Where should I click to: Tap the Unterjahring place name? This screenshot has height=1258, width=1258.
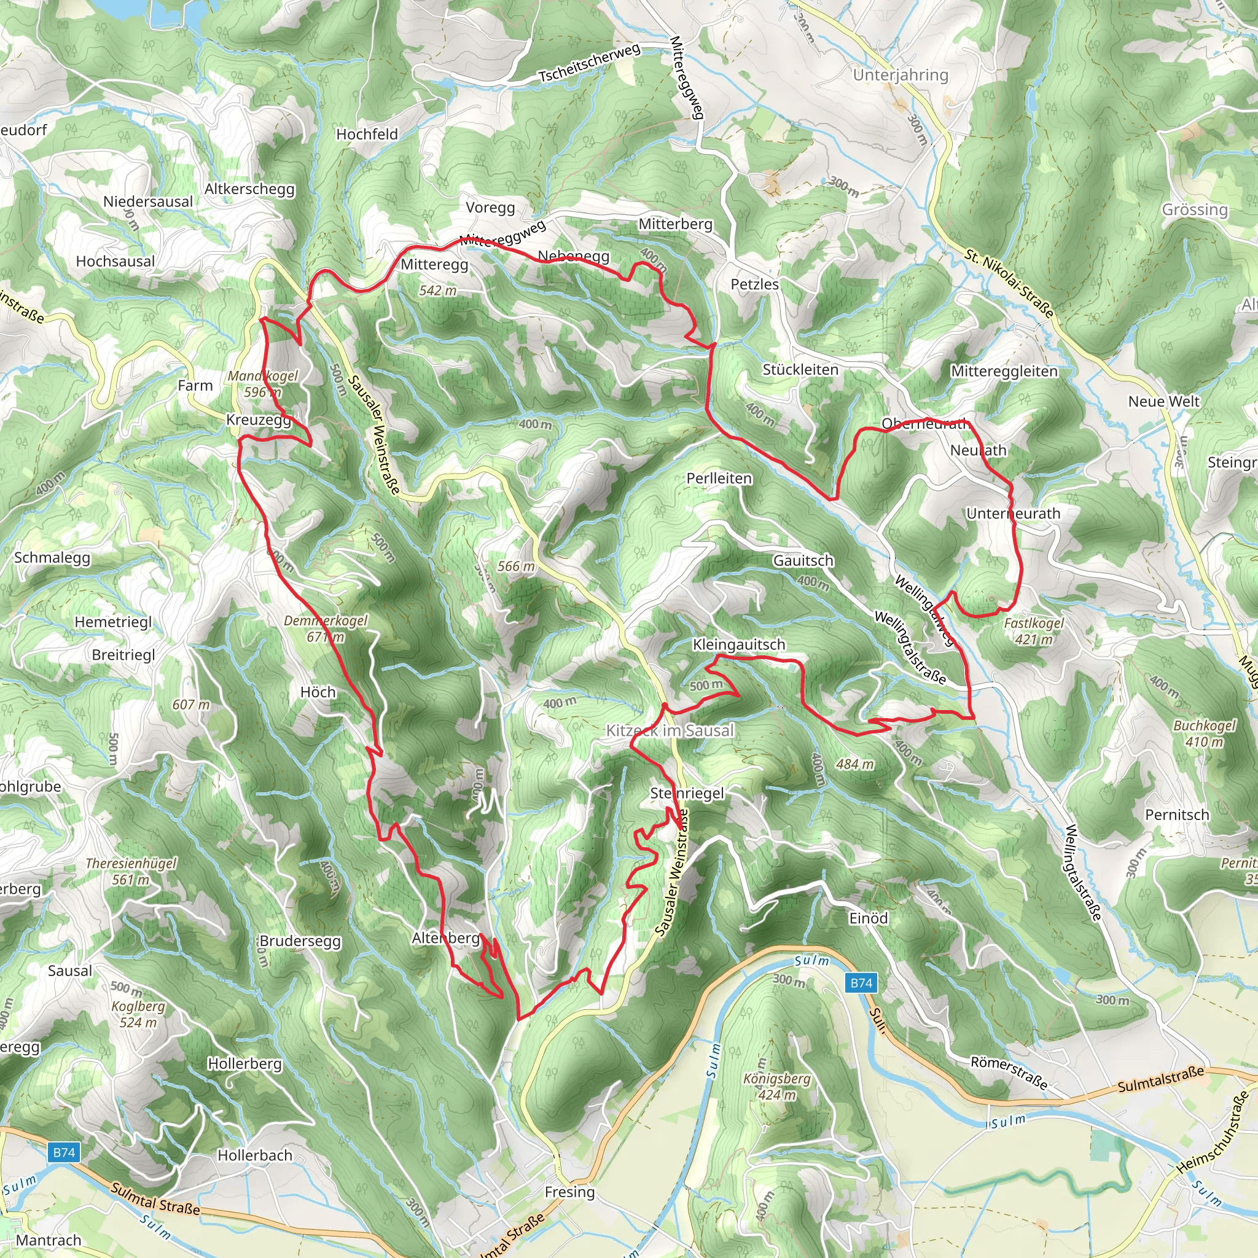(900, 75)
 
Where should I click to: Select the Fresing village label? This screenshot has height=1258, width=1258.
(570, 1192)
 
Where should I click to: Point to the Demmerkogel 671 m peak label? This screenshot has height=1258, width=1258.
(326, 628)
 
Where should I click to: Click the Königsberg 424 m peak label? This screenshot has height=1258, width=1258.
(777, 1087)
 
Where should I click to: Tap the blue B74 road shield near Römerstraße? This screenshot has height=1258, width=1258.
(861, 983)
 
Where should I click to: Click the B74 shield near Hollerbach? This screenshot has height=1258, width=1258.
(64, 1152)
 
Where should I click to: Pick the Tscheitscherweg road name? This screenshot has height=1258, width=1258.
(588, 63)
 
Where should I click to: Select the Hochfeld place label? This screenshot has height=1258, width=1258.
(367, 134)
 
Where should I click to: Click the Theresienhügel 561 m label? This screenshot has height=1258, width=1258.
(131, 871)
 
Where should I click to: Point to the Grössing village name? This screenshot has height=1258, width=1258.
(1194, 209)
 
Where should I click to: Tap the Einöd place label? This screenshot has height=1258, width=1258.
(868, 918)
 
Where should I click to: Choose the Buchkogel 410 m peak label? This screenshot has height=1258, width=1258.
(1204, 733)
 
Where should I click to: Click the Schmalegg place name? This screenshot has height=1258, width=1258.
(52, 557)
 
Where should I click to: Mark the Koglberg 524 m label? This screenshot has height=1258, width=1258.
(138, 1014)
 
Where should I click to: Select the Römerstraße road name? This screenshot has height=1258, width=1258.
(1009, 1072)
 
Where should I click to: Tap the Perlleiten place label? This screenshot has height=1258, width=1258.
(719, 478)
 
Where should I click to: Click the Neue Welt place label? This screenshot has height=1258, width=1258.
(1163, 401)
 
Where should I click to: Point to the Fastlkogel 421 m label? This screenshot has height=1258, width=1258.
(1033, 631)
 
